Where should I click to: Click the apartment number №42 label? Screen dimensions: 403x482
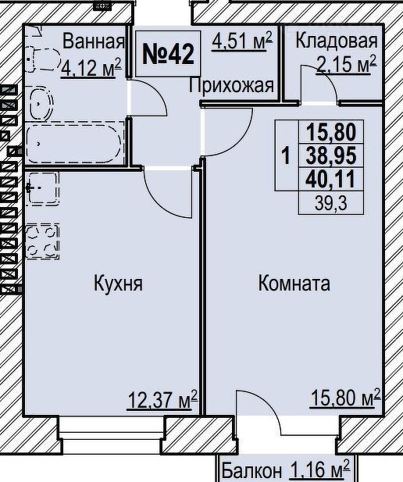(x=168, y=54)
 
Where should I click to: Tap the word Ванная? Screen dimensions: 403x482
(x=94, y=41)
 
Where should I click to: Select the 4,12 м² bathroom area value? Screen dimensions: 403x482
(x=91, y=68)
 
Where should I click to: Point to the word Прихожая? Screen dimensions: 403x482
(x=231, y=85)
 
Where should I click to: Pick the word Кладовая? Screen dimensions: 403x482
(x=337, y=41)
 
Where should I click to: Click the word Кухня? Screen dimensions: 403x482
(x=119, y=283)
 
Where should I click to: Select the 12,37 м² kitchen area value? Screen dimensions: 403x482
(x=162, y=400)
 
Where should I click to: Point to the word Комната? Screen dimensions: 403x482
(x=294, y=283)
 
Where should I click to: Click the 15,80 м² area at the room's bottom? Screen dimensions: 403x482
(x=345, y=398)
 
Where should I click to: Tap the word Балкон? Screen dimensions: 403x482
(x=251, y=470)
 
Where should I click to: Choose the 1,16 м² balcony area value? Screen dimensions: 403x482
(x=319, y=469)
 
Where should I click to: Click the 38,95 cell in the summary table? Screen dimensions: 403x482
(x=331, y=155)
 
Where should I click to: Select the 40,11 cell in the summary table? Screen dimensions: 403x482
(x=331, y=179)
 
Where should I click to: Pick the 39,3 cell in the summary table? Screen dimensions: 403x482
(x=331, y=203)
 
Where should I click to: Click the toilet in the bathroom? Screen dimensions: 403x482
(x=43, y=59)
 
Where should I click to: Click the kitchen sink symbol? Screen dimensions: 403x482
(x=42, y=188)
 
